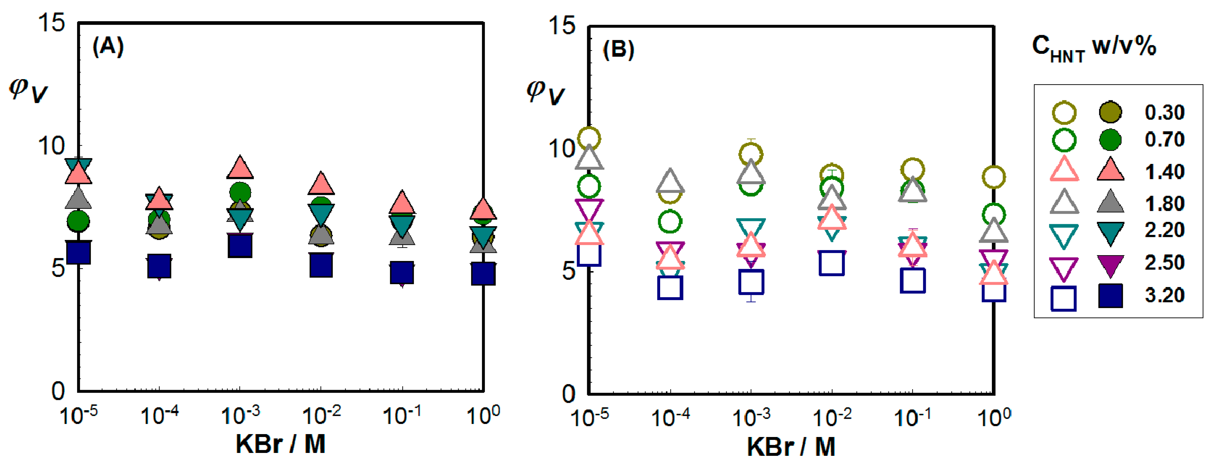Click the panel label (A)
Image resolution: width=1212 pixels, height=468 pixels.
click(x=108, y=47)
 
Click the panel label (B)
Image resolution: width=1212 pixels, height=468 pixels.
click(x=618, y=50)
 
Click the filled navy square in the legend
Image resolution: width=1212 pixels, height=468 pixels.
click(x=1110, y=296)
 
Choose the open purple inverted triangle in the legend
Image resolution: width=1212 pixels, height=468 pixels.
click(x=1064, y=268)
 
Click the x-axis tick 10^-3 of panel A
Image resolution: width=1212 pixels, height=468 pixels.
click(x=240, y=415)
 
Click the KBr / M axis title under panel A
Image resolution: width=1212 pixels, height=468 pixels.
click(x=280, y=444)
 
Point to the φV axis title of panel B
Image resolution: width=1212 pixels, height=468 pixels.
click(x=545, y=92)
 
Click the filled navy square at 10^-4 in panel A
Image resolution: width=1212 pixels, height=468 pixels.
click(x=159, y=266)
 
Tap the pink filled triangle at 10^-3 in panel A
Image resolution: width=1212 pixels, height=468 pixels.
click(x=240, y=168)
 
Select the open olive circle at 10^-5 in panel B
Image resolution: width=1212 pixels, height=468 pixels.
click(x=589, y=138)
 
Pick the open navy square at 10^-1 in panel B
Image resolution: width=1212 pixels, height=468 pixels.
click(x=913, y=281)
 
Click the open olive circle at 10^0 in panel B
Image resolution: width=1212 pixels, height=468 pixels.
click(x=994, y=177)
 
